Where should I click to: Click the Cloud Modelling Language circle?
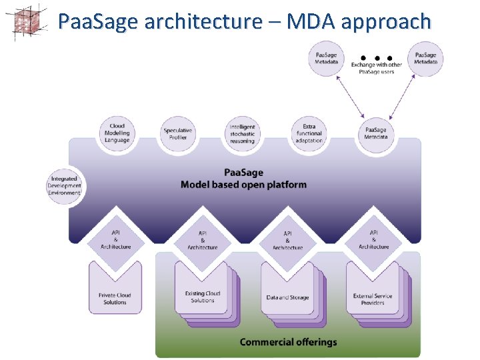click(x=117, y=133)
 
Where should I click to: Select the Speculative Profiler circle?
click(x=178, y=134)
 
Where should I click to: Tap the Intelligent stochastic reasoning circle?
click(x=242, y=134)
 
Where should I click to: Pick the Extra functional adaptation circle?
click(x=308, y=133)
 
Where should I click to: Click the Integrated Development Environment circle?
click(x=64, y=186)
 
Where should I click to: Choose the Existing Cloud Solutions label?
click(x=202, y=297)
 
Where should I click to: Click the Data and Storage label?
click(x=287, y=297)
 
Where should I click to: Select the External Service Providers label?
click(x=373, y=299)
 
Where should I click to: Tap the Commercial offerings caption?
click(x=288, y=342)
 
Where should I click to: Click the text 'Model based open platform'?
click(x=243, y=184)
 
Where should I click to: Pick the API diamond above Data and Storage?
click(x=287, y=240)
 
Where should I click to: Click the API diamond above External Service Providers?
click(x=373, y=239)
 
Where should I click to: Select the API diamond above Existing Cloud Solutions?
click(x=202, y=239)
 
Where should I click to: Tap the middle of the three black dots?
click(x=376, y=57)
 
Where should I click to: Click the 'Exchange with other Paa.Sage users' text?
click(x=377, y=69)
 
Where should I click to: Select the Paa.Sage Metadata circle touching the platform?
click(x=375, y=133)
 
